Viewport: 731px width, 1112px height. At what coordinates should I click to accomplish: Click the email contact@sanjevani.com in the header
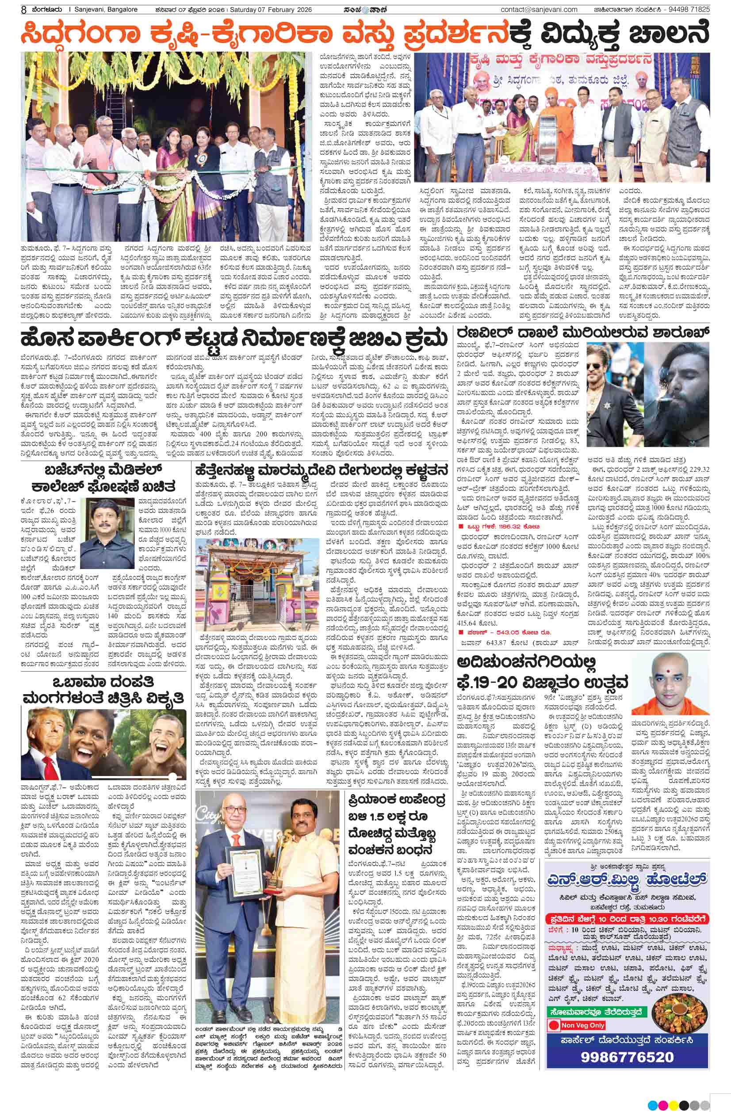click(x=539, y=9)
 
